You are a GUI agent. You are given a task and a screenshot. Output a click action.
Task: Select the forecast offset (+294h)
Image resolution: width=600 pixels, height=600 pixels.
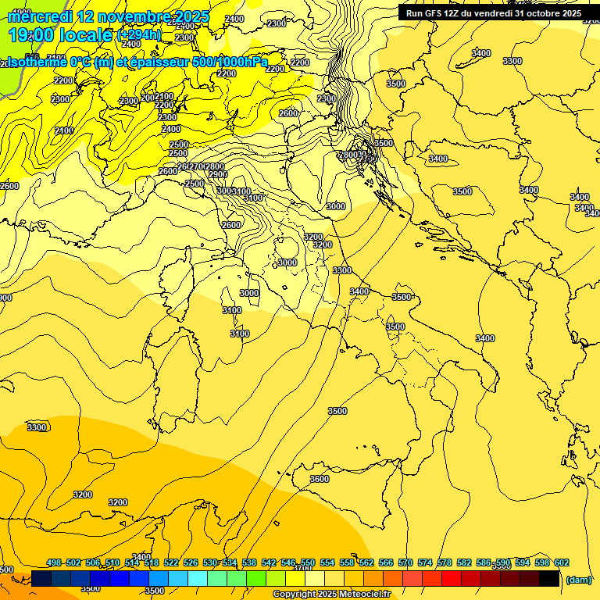pyautogui.click(x=139, y=35)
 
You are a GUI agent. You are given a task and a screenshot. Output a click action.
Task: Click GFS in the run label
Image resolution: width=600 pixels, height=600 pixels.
pyautogui.click(x=433, y=12)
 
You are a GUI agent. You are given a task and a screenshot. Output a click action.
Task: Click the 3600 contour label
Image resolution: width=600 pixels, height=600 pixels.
pyautogui.click(x=319, y=479)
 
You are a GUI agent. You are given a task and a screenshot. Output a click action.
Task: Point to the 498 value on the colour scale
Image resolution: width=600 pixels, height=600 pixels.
pyautogui.click(x=54, y=563)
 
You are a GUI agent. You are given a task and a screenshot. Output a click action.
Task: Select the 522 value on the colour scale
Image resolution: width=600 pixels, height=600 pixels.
pyautogui.click(x=171, y=563)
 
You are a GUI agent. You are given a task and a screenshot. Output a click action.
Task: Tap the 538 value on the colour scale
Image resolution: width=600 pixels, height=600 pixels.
pyautogui.click(x=249, y=563)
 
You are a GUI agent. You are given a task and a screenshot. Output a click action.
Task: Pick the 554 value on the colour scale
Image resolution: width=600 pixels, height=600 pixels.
pyautogui.click(x=327, y=563)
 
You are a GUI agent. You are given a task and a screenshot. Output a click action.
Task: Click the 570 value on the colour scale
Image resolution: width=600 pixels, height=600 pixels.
pyautogui.click(x=405, y=563)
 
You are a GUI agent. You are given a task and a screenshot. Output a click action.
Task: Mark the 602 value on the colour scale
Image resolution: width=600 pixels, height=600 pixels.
pyautogui.click(x=562, y=563)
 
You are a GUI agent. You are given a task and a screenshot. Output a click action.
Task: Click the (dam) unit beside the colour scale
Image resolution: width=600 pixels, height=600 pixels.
pyautogui.click(x=578, y=580)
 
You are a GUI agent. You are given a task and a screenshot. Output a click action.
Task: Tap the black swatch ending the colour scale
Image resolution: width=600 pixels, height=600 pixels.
pyautogui.click(x=549, y=579)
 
